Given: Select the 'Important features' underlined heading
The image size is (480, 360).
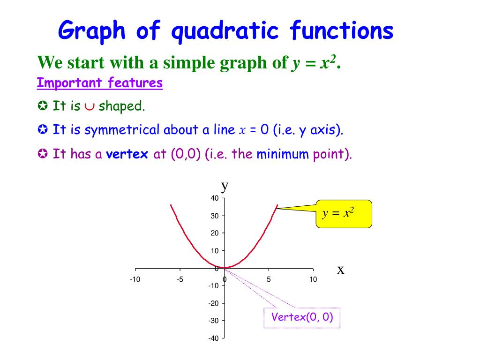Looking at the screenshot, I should tap(100, 83).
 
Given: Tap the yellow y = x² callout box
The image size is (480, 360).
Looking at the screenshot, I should tap(344, 214).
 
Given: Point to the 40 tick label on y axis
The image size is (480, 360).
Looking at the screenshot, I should tap(214, 198).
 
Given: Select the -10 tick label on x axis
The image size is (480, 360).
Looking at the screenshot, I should tap(135, 280).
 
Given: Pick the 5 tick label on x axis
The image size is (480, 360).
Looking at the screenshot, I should tap(269, 280).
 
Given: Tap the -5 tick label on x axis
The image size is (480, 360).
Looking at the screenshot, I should tap(180, 280).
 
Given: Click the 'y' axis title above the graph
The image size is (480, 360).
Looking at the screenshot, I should tap(225, 186).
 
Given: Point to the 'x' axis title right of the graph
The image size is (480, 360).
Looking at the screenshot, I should tap(341, 270).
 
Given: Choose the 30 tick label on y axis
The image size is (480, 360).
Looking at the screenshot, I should tap(214, 216).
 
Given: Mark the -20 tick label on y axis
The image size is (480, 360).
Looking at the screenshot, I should tap(213, 303).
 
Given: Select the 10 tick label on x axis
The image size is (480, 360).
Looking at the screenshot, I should tap(313, 280).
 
